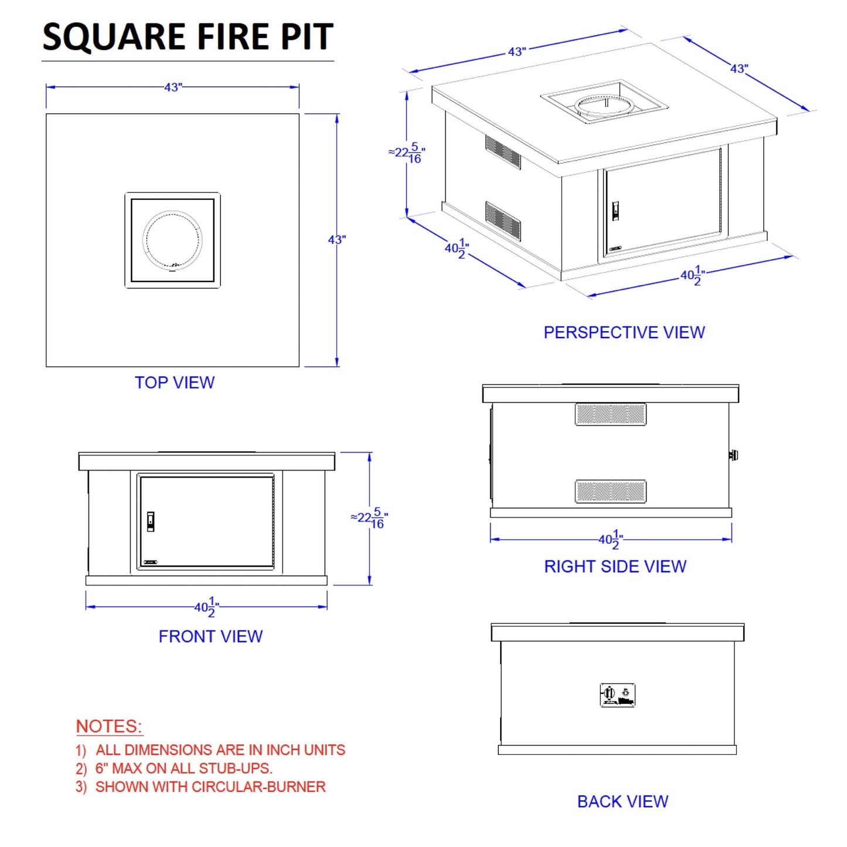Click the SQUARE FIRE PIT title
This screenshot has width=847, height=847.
click(188, 37)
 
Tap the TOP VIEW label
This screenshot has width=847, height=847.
click(175, 383)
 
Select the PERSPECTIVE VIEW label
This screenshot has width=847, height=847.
click(624, 332)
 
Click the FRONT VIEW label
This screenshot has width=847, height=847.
click(210, 637)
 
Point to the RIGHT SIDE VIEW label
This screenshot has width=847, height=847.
click(615, 566)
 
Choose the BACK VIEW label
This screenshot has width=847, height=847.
click(623, 801)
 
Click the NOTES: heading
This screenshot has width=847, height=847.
click(109, 726)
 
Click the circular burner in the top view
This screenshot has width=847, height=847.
click(172, 240)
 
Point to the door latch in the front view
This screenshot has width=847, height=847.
click(151, 521)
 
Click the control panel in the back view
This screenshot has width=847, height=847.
click(618, 695)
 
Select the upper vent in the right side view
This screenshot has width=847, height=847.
click(611, 414)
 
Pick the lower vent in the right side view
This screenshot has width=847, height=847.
click(611, 491)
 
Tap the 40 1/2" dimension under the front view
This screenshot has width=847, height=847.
click(206, 607)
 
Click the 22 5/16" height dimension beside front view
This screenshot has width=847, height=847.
click(370, 518)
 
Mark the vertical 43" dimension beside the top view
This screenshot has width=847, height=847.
click(336, 240)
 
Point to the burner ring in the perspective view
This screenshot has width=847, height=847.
click(604, 106)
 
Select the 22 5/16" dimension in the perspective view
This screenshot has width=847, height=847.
click(407, 153)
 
